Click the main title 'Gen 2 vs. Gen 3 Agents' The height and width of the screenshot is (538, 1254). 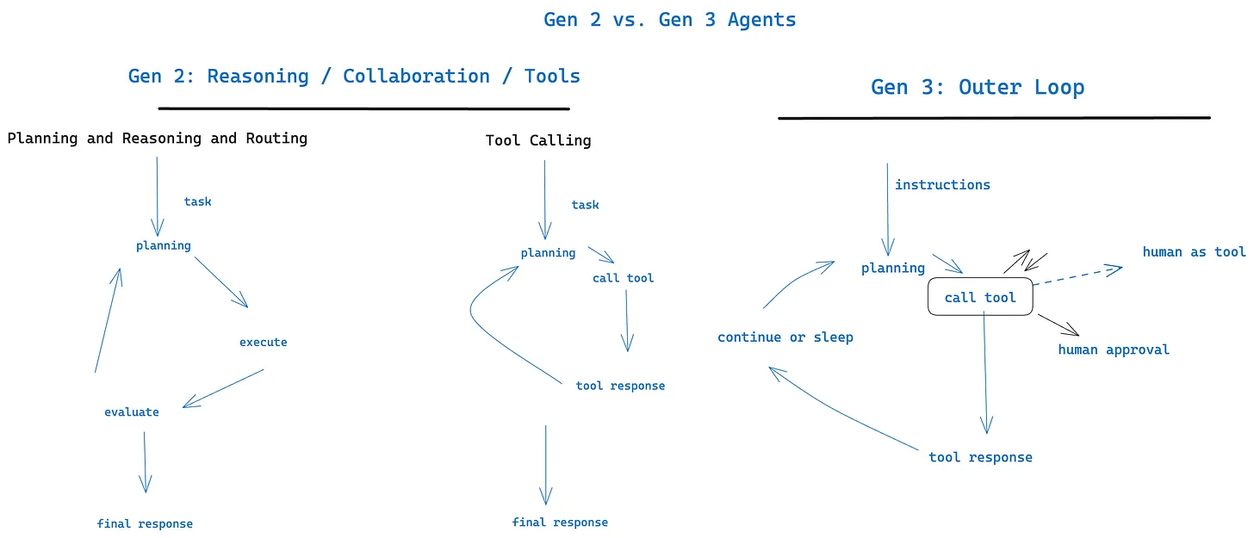point(669,19)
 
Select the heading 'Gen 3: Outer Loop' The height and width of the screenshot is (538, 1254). point(977,87)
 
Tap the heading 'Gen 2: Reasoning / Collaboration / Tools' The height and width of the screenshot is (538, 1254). point(354,76)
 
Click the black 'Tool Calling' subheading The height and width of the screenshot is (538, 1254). point(538,140)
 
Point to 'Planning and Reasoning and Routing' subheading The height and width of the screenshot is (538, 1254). point(157,138)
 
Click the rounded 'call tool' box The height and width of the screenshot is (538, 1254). point(979,297)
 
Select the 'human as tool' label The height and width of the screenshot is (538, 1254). point(1194,251)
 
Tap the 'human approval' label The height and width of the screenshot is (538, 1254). point(1114,349)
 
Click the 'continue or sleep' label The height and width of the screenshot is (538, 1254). point(785,337)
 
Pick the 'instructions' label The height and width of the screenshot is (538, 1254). point(942,184)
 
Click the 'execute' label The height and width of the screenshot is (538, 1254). point(263,342)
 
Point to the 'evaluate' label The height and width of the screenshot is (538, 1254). point(131,411)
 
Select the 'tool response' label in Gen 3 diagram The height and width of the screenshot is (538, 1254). point(980,457)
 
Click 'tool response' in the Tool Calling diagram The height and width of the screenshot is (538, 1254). point(620,386)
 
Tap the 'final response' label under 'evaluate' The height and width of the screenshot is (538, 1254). point(145,523)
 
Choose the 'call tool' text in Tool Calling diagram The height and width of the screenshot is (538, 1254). point(623,278)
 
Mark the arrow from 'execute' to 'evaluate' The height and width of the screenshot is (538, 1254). point(223,388)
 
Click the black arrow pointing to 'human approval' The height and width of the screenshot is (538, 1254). point(1058,325)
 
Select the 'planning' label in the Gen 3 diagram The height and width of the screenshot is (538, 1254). point(892,268)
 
